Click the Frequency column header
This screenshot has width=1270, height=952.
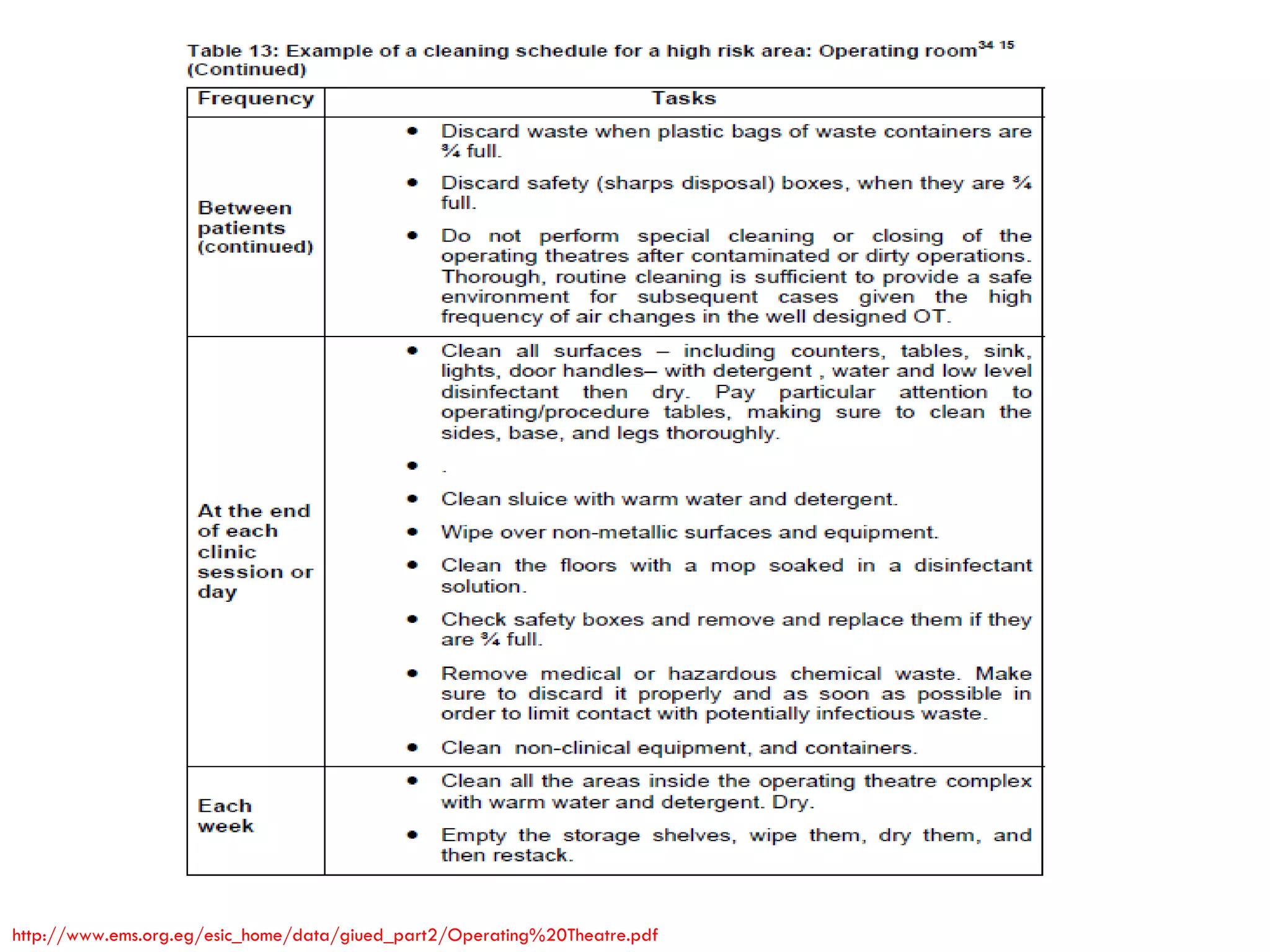(x=255, y=99)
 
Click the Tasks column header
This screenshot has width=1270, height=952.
(x=683, y=99)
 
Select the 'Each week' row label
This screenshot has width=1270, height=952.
(x=226, y=816)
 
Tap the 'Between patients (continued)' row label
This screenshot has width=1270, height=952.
(x=255, y=227)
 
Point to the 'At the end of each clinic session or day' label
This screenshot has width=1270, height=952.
(x=255, y=551)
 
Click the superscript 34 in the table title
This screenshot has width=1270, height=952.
(x=985, y=45)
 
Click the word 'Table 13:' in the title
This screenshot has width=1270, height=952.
(x=233, y=51)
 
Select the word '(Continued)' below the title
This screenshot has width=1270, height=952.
(x=247, y=70)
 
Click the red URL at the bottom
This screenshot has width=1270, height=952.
(x=335, y=935)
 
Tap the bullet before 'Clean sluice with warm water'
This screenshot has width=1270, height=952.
(x=412, y=499)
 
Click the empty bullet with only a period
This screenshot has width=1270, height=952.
(x=412, y=465)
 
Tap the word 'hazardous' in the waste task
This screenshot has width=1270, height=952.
(x=722, y=674)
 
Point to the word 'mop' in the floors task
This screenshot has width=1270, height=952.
(x=732, y=566)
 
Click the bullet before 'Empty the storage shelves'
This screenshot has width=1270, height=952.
(x=412, y=835)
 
